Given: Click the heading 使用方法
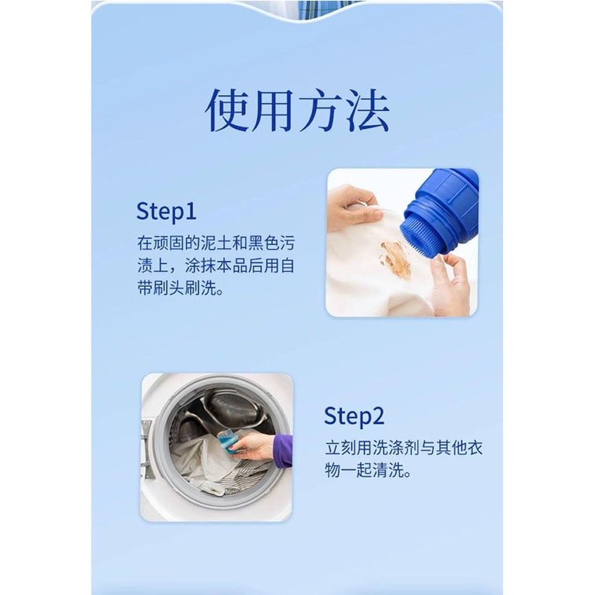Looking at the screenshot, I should click(x=297, y=110).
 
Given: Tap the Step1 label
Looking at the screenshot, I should click(x=166, y=211).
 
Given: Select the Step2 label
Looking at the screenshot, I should click(x=354, y=416).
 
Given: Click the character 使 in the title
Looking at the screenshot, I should click(x=228, y=110).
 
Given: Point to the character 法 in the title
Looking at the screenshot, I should click(x=366, y=110).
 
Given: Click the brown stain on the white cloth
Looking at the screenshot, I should click(x=395, y=259).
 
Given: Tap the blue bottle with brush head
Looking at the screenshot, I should click(x=443, y=208).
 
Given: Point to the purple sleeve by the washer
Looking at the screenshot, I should click(x=283, y=450).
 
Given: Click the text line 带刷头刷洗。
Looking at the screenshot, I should click(x=180, y=288).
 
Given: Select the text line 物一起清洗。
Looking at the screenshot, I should click(x=368, y=472).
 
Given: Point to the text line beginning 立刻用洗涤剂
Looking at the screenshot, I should click(x=405, y=448).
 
